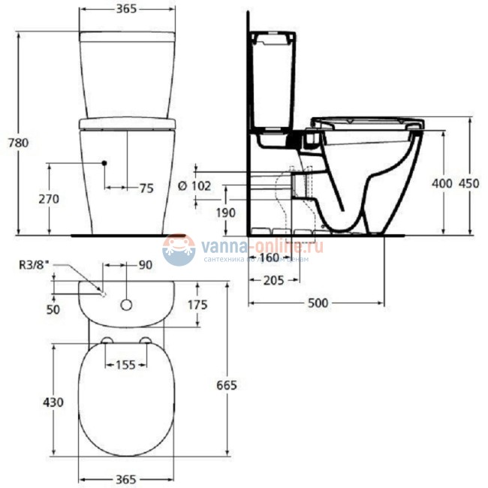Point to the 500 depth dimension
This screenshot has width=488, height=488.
pos(318,303)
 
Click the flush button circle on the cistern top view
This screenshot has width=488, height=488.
pos(126,305)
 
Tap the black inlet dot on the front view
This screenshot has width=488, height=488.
pos(105,163)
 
